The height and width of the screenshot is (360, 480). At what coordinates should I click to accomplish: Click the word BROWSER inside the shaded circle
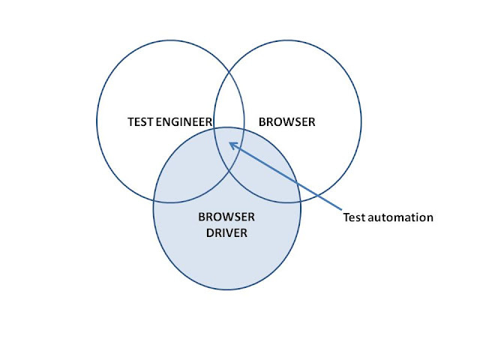226,217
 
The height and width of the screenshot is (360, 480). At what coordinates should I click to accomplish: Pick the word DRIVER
226,233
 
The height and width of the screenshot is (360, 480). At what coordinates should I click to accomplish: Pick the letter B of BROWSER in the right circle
262,121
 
